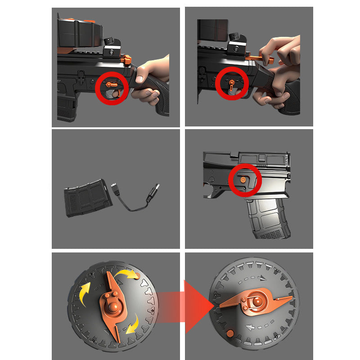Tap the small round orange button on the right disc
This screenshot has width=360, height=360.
pos(230,333)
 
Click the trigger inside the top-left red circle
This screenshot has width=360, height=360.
pos(116,93)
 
